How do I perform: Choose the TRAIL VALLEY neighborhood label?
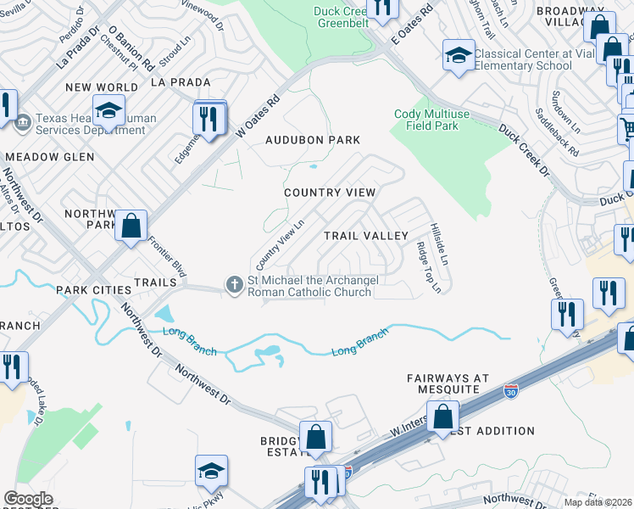(367, 235)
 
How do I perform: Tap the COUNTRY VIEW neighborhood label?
(329, 193)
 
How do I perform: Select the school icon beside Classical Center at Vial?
(459, 55)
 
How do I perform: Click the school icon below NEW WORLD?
(108, 110)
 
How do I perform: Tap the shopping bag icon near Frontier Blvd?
(131, 227)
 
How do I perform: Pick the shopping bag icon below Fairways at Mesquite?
(442, 417)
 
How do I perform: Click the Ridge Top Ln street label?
(428, 268)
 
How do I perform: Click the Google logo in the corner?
(28, 499)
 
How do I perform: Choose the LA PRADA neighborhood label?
(179, 82)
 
